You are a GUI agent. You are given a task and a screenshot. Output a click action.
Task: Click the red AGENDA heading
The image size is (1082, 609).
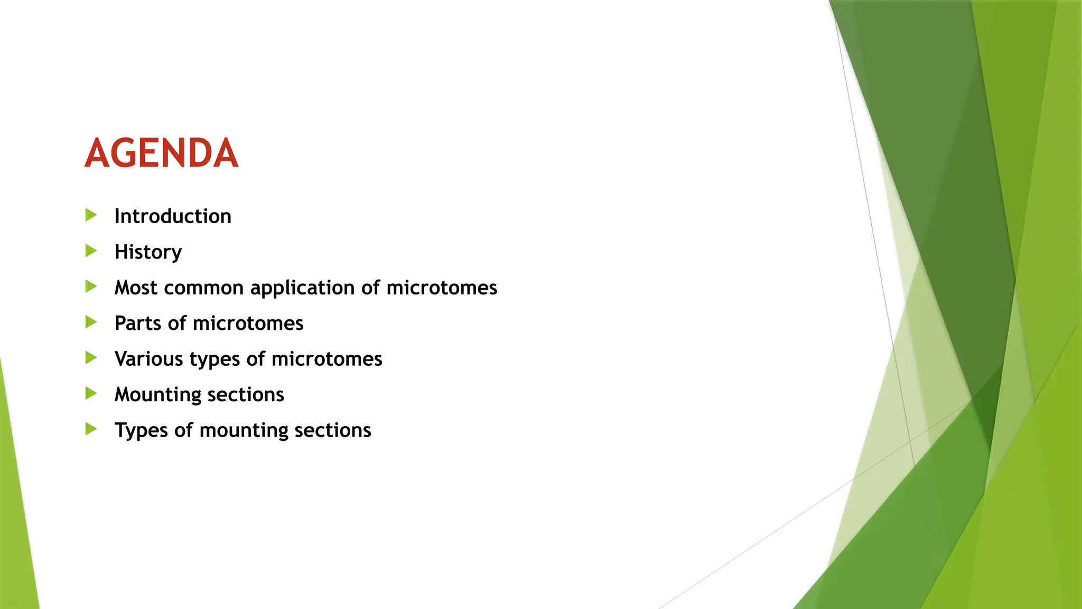point(161,153)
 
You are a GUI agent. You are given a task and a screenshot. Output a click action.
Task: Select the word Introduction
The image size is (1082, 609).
point(173,216)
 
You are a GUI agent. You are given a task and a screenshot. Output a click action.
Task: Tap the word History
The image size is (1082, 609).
point(148,252)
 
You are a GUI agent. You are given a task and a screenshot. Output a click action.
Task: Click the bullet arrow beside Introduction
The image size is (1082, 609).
point(91,215)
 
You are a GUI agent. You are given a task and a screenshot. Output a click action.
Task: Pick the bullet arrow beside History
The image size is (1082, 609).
point(91,251)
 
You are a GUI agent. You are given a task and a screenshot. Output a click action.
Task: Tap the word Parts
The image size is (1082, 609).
point(138,323)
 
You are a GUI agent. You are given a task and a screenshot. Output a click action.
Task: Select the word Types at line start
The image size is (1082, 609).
point(141,431)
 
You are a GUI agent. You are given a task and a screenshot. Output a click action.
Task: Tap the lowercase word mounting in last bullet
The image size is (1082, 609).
point(244,431)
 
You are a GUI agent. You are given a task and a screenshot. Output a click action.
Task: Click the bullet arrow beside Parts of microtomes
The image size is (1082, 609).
point(91,322)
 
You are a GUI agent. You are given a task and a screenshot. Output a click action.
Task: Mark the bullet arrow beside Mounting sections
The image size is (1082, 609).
point(91,393)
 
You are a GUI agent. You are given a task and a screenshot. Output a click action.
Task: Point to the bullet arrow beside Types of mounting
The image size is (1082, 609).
point(91,429)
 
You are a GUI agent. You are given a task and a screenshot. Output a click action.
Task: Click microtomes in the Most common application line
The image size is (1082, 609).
point(442,288)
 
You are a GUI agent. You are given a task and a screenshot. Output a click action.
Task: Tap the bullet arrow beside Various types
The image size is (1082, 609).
point(91,358)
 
